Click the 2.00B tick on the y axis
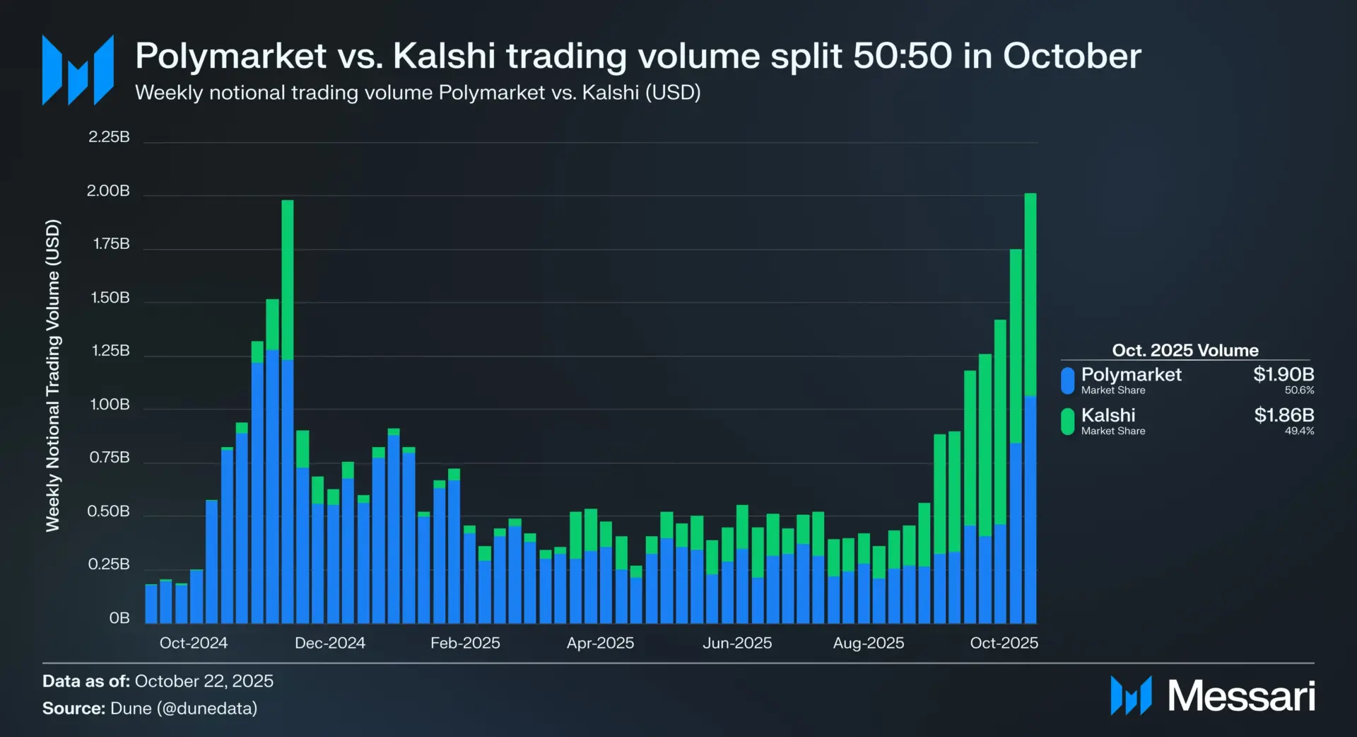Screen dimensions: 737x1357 coord(108,191)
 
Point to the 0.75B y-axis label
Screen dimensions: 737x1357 coord(110,458)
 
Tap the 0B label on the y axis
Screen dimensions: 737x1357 coord(119,618)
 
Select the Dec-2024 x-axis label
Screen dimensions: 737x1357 coord(329,643)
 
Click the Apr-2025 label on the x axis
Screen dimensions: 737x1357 coord(600,643)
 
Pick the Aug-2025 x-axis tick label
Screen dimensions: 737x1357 coord(868,643)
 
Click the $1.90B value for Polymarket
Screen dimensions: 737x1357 coord(1283,374)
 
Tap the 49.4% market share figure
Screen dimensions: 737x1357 coord(1299,431)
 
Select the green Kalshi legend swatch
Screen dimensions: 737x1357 coord(1067,422)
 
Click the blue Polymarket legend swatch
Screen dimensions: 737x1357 coord(1067,380)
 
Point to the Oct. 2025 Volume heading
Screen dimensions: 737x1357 coord(1185,350)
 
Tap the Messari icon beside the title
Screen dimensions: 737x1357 coord(78,70)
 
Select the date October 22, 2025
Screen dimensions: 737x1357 coord(204,681)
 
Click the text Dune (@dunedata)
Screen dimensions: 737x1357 coord(184,708)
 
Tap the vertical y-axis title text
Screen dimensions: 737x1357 coord(53,375)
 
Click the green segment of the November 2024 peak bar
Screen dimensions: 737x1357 coord(287,279)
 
